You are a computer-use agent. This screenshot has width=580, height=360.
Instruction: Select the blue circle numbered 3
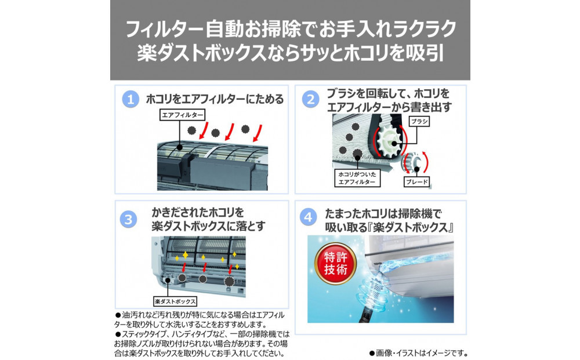point(128,219)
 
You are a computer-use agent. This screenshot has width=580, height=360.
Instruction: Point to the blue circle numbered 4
point(308,219)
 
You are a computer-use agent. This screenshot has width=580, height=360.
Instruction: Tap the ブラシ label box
point(419,122)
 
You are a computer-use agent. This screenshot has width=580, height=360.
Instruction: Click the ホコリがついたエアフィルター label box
point(357,178)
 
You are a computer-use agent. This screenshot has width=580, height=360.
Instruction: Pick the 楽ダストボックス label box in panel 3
point(175,301)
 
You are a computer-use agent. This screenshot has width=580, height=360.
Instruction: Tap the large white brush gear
point(387,141)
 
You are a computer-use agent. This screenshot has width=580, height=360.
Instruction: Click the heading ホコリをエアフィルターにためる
point(215,100)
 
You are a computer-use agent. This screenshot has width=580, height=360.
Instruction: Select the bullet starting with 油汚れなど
point(200,319)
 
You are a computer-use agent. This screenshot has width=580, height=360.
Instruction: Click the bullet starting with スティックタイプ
point(200,343)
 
